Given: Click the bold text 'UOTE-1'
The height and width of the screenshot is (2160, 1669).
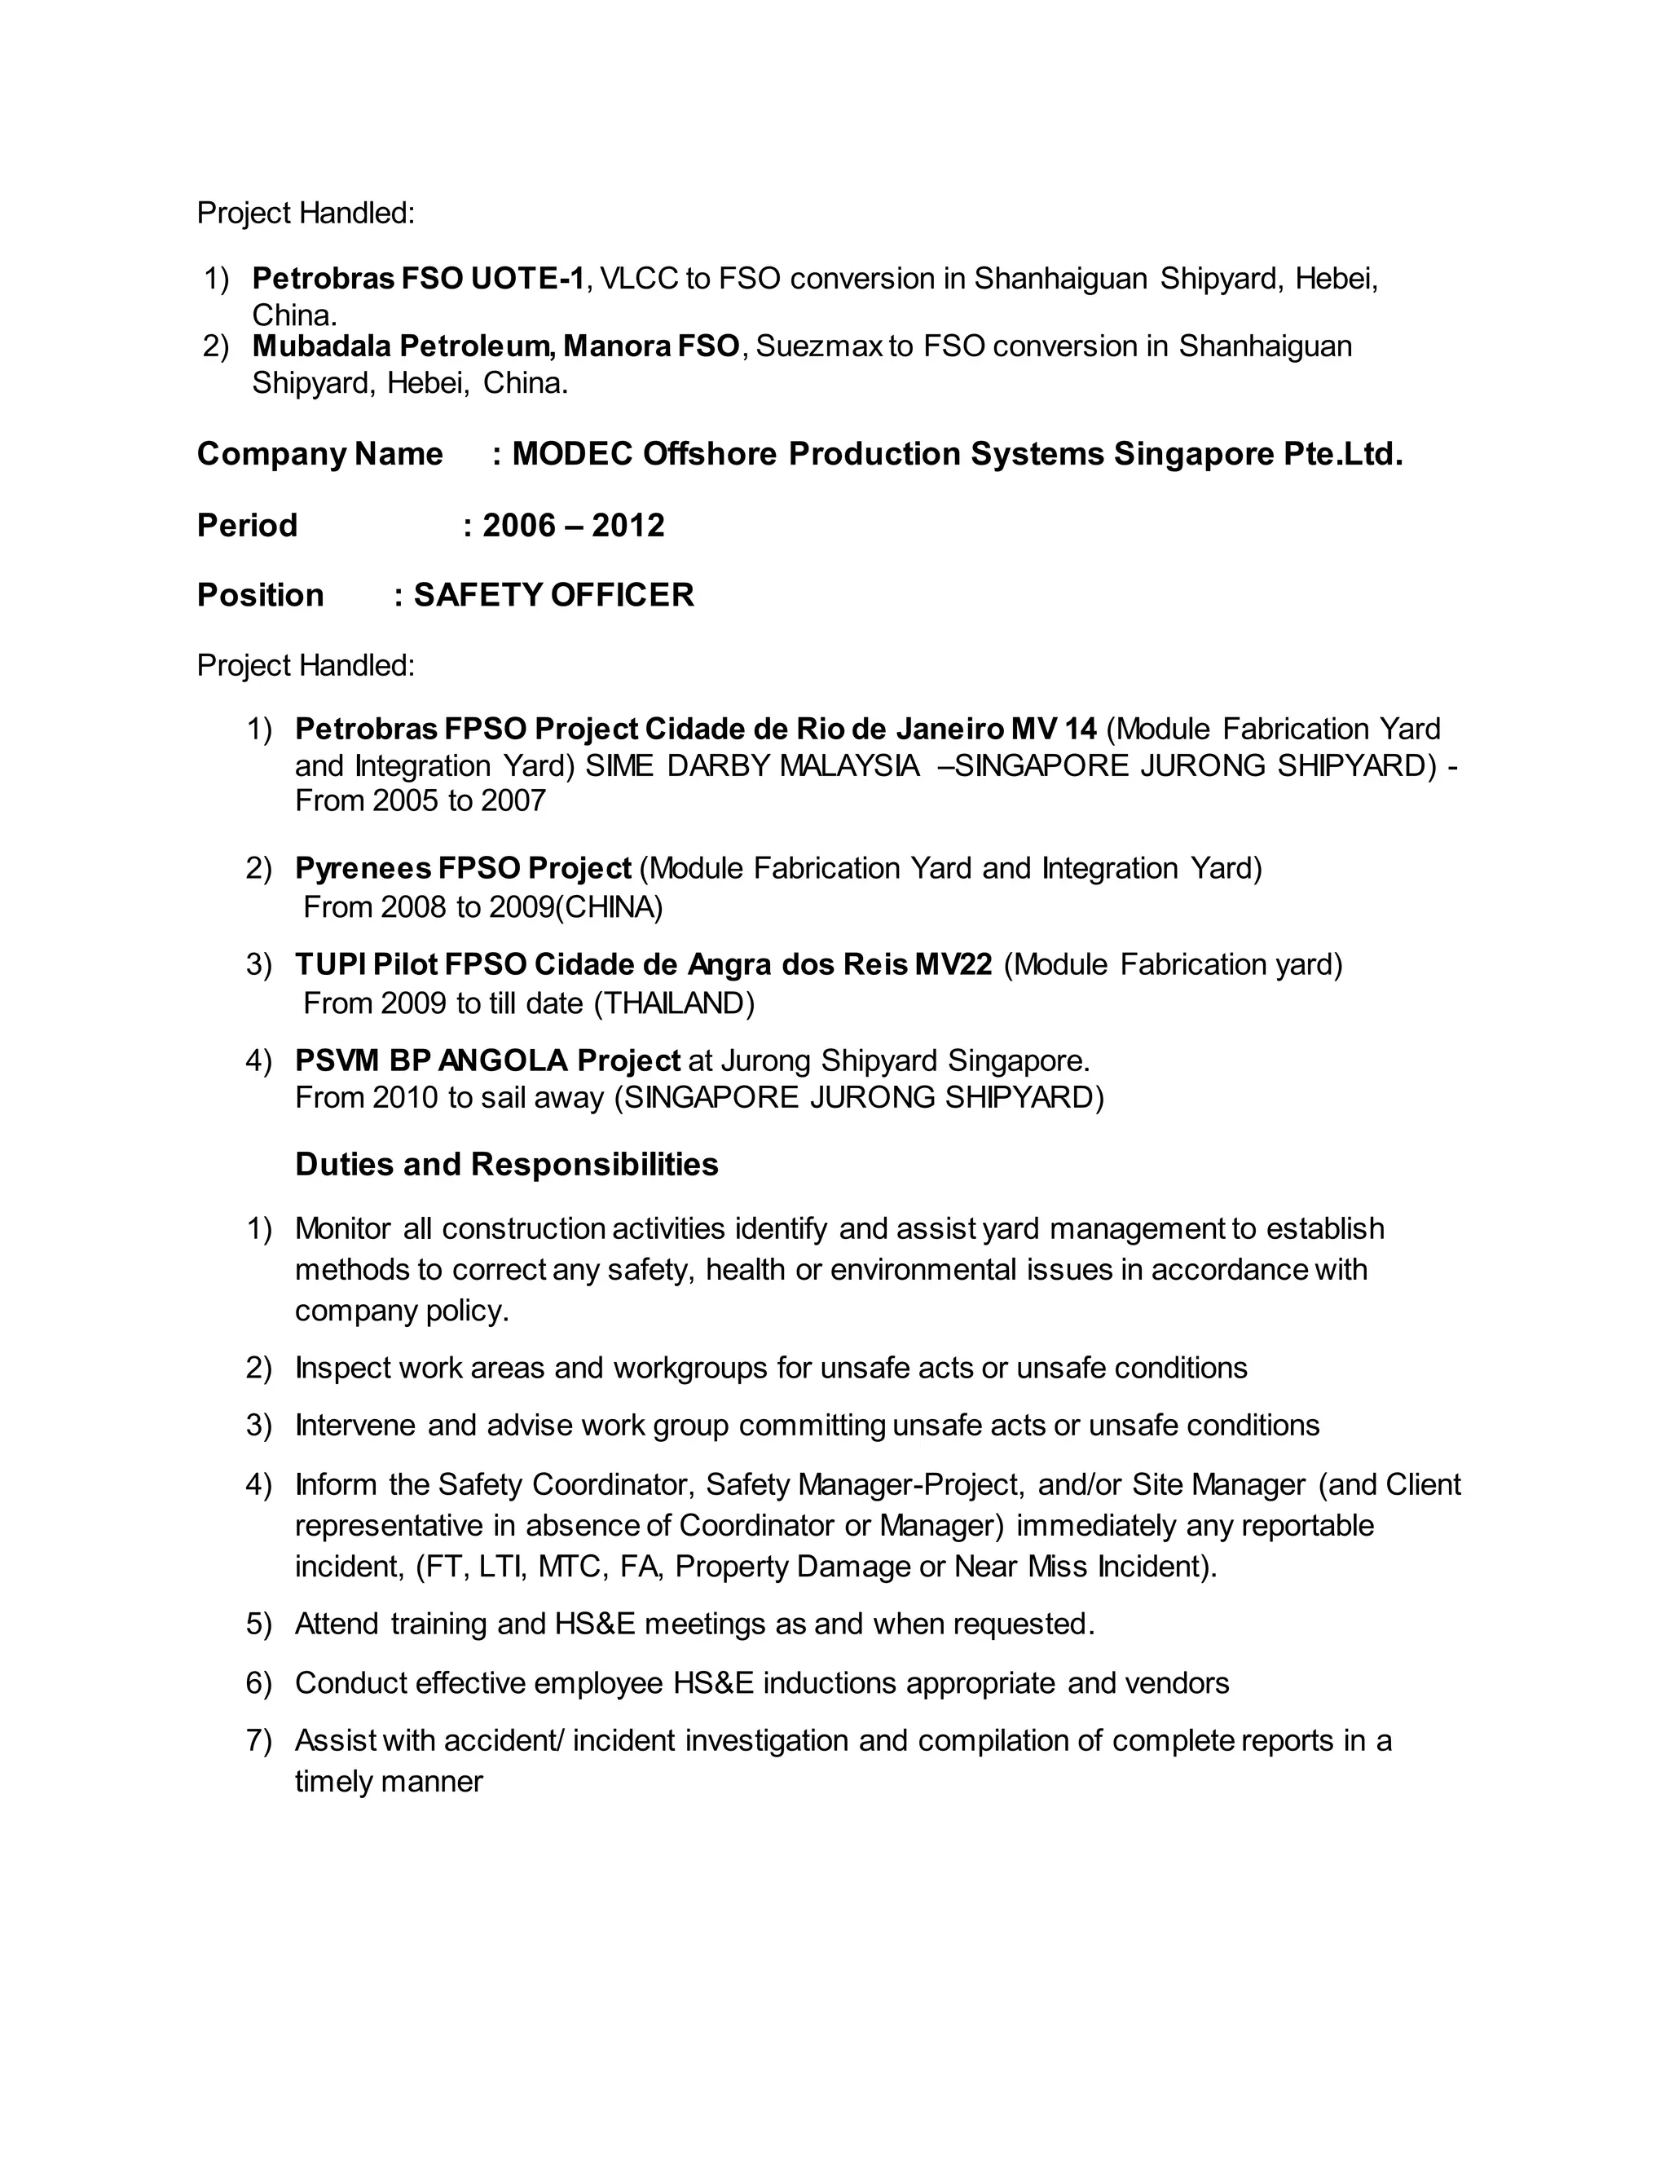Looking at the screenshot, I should pyautogui.click(x=527, y=279).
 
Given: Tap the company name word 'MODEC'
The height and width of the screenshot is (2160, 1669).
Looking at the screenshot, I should pyautogui.click(x=571, y=454).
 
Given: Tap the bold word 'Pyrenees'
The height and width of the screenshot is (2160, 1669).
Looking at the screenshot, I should pyautogui.click(x=362, y=868).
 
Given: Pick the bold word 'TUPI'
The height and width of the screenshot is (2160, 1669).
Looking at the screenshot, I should pyautogui.click(x=330, y=964).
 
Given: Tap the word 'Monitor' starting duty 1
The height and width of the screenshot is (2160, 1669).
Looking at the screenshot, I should pyautogui.click(x=343, y=1228).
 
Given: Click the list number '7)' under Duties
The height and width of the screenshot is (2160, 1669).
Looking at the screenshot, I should pyautogui.click(x=258, y=1741).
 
